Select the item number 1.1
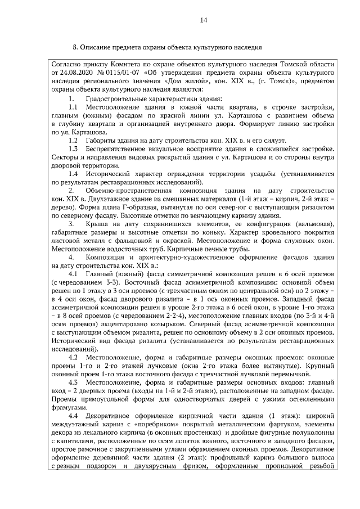click(73, 107)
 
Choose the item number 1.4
click(73, 174)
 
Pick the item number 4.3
click(73, 382)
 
